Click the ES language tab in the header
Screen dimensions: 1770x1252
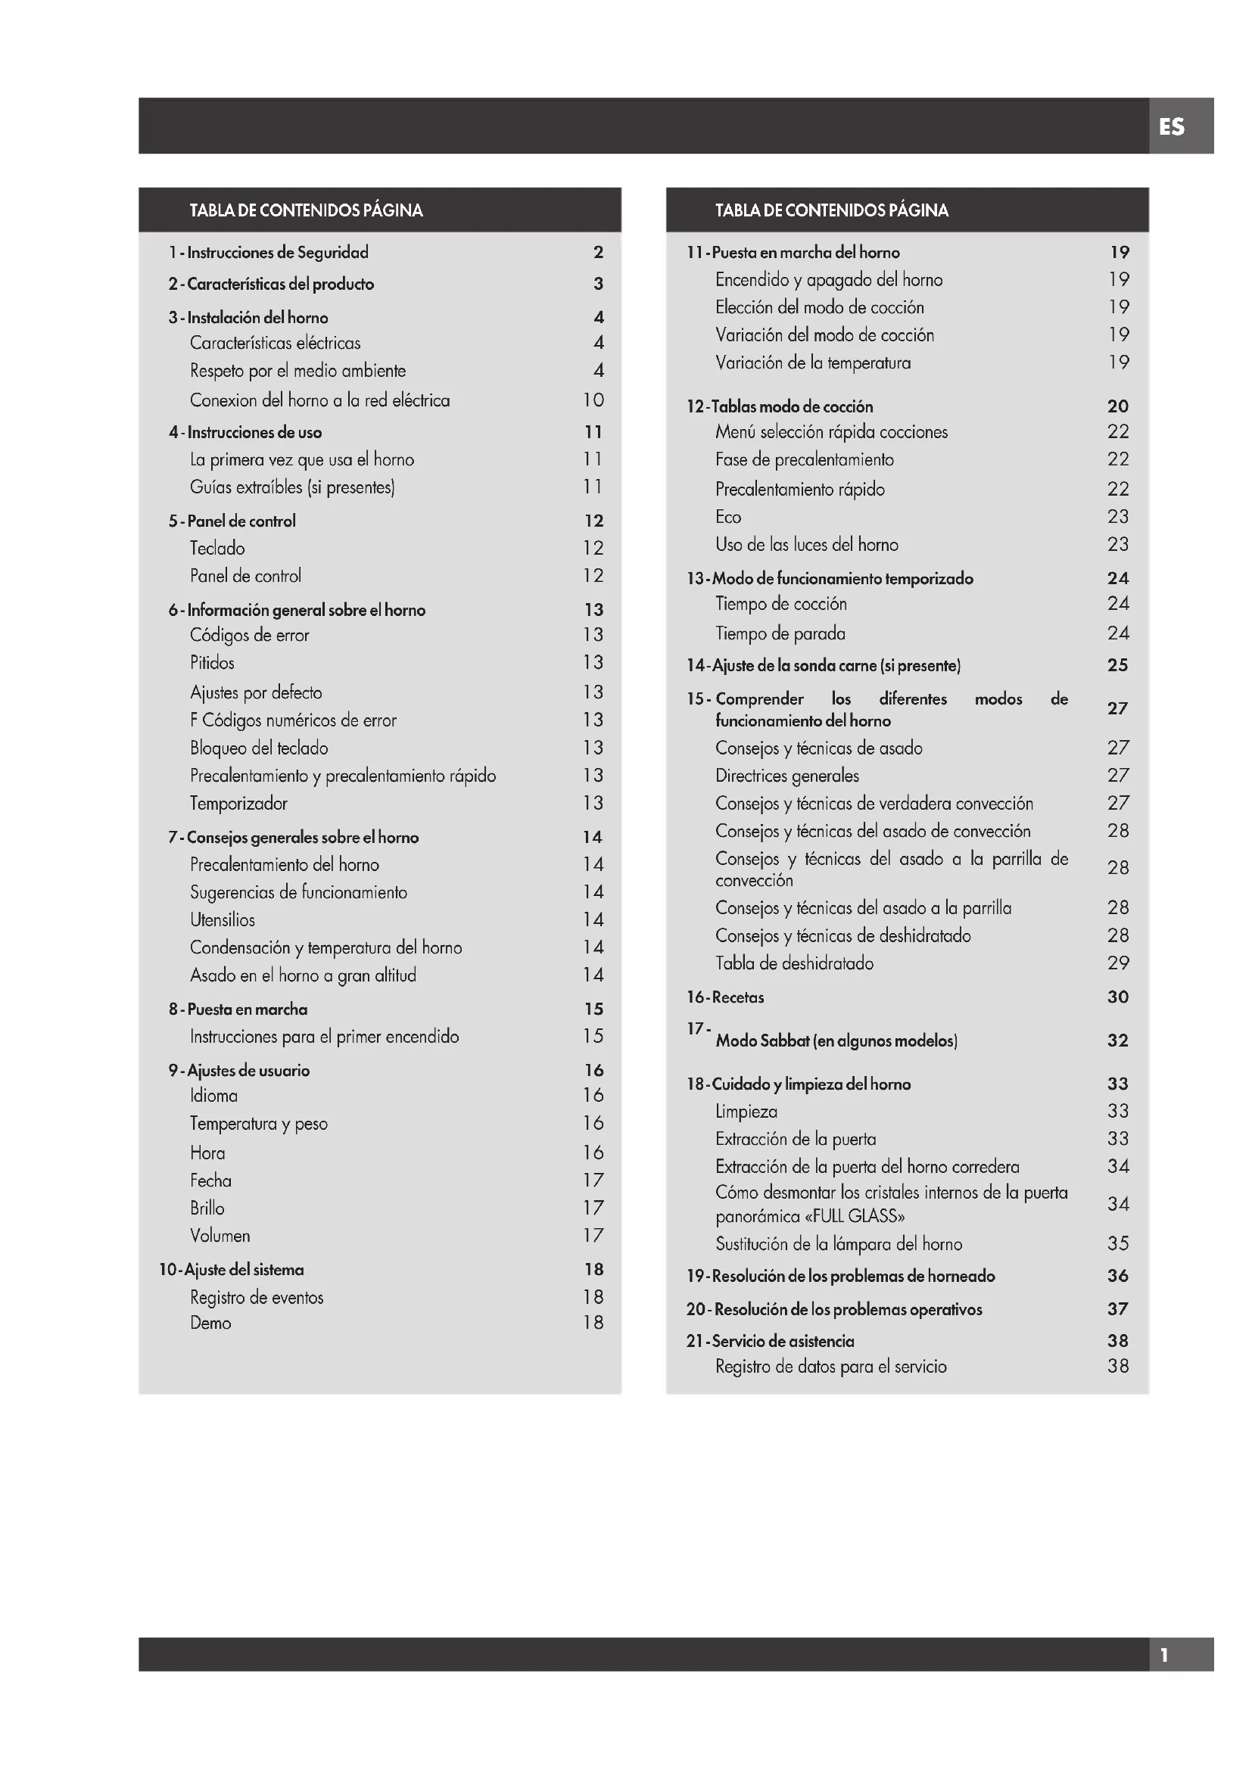pos(1171,126)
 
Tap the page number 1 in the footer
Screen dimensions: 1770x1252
pos(1164,1654)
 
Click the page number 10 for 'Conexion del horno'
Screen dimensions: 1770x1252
pos(593,400)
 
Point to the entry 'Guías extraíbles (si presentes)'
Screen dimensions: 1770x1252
pos(292,487)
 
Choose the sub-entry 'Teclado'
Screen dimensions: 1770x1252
pos(217,548)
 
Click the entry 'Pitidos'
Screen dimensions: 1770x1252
pos(212,663)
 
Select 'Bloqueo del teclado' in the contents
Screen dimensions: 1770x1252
pos(259,748)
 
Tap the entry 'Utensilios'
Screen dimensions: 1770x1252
pos(222,919)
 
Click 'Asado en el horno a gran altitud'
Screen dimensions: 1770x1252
pos(303,975)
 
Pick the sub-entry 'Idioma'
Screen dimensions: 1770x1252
pos(213,1096)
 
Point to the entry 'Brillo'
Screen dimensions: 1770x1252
pos(207,1208)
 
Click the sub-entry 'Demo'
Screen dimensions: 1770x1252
pos(210,1323)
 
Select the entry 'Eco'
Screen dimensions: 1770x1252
pos(727,517)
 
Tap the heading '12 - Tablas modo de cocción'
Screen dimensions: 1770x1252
pos(780,406)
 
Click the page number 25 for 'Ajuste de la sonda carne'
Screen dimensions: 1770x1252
pos(1118,665)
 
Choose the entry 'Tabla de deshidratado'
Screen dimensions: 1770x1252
pos(794,963)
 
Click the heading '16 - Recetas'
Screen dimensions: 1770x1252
pos(724,997)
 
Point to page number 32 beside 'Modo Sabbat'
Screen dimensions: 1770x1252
pos(1118,1041)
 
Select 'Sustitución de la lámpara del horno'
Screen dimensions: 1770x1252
pos(839,1243)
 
